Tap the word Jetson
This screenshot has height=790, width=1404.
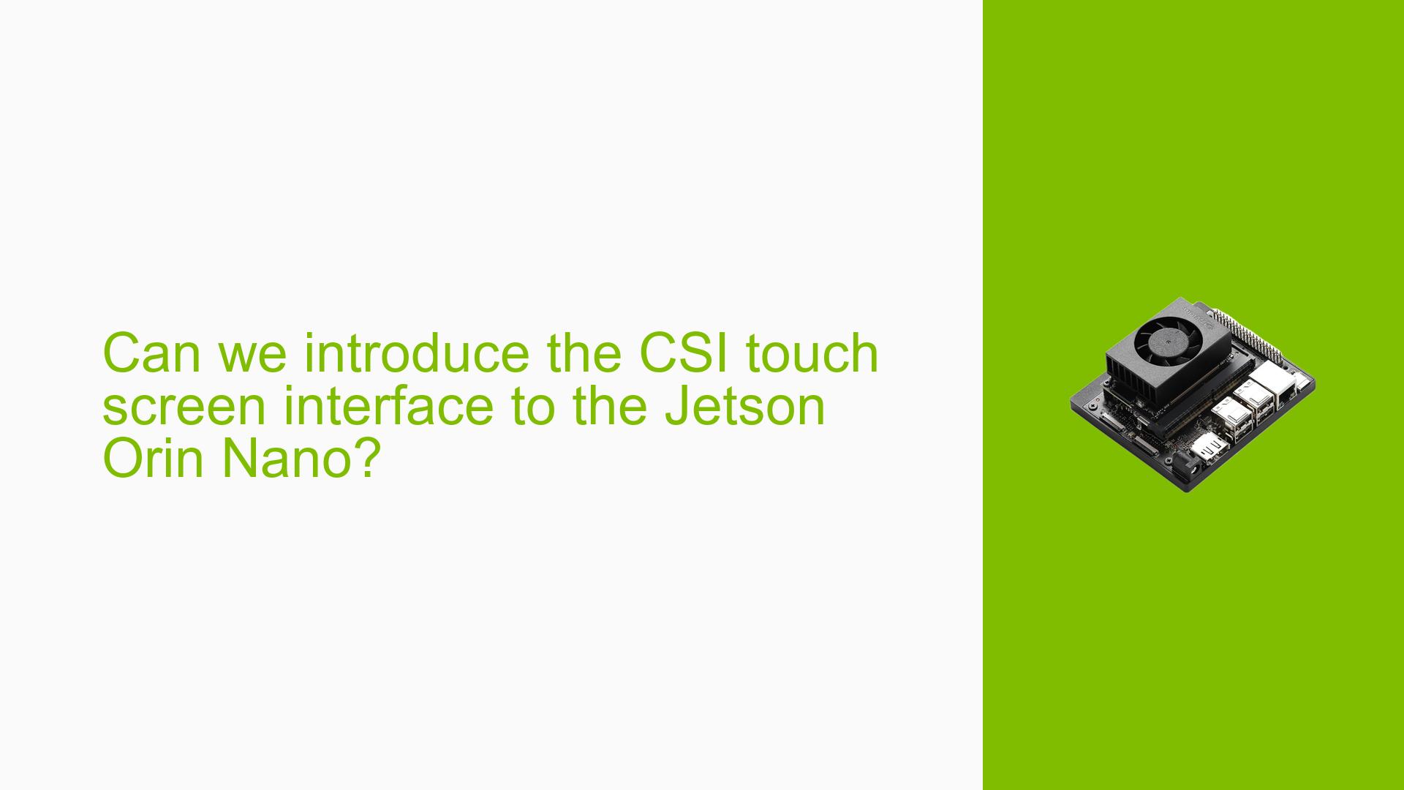tap(744, 407)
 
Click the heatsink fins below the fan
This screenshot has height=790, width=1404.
tap(1141, 373)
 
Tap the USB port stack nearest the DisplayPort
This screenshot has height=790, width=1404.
tap(1226, 417)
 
